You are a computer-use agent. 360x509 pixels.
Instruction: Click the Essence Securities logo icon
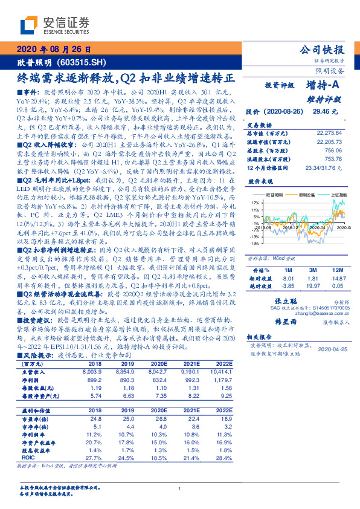click(29, 25)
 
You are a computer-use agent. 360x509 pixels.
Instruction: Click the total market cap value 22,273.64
click(330, 133)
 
